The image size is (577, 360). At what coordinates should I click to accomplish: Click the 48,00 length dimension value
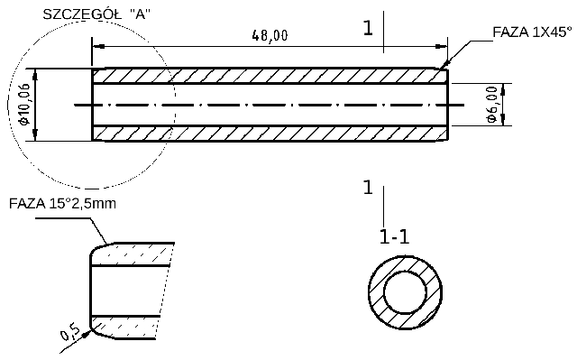(270, 35)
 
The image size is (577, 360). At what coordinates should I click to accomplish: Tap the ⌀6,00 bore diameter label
(491, 105)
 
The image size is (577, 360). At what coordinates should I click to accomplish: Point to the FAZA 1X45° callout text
(532, 32)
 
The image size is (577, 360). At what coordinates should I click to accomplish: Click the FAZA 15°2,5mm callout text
(62, 203)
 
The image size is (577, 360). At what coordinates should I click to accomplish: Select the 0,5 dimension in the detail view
(70, 334)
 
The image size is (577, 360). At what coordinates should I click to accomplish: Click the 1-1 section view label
(394, 238)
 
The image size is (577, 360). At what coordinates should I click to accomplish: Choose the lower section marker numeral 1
(367, 188)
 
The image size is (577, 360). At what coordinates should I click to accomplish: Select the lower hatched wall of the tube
(270, 133)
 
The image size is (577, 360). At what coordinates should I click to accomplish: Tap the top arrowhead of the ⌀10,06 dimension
(35, 73)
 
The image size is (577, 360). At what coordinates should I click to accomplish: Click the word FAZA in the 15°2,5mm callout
(27, 203)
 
